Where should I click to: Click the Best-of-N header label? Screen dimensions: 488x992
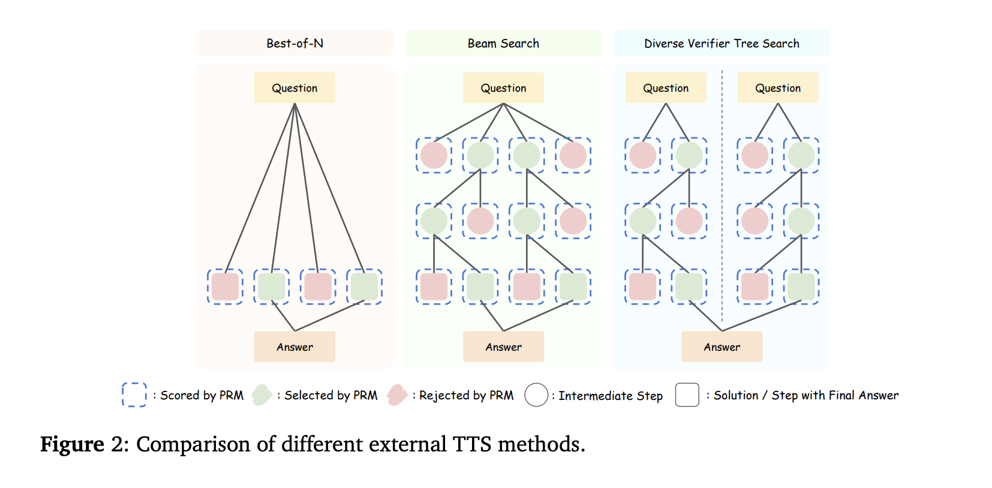294,43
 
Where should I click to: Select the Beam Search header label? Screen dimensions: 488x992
503,43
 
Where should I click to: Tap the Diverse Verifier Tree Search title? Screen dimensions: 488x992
722,43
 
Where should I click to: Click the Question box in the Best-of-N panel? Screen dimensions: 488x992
294,88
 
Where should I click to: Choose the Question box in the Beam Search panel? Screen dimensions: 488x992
503,88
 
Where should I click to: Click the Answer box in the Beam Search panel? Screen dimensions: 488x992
503,347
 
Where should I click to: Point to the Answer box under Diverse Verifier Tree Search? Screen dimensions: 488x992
722,347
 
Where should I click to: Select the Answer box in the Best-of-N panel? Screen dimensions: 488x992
294,347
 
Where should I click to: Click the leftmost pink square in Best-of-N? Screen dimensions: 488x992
226,287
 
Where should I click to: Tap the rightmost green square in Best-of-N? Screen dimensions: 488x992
364,287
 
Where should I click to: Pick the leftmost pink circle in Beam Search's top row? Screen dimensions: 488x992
434,155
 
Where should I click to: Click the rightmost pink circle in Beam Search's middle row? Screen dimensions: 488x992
573,221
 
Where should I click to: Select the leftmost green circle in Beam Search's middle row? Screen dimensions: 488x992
434,221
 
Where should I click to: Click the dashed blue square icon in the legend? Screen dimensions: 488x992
134,394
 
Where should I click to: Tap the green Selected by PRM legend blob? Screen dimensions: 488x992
261,394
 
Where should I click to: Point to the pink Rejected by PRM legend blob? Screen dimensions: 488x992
397,394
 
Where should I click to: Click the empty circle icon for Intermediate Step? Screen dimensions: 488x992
536,395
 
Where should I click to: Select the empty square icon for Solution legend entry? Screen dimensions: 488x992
687,395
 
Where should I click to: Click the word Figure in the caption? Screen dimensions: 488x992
72,444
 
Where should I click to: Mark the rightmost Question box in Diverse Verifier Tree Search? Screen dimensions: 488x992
778,88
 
